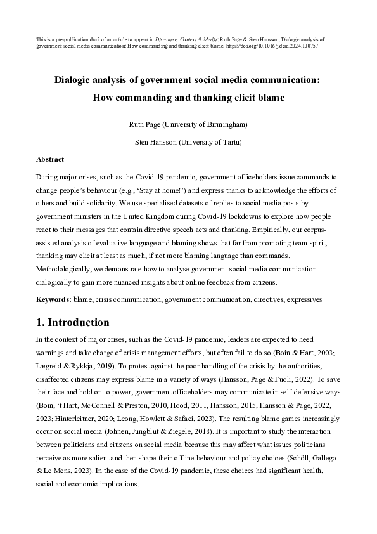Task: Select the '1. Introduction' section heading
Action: [73, 322]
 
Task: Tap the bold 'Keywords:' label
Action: [54, 298]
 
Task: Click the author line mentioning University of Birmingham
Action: [188, 124]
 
